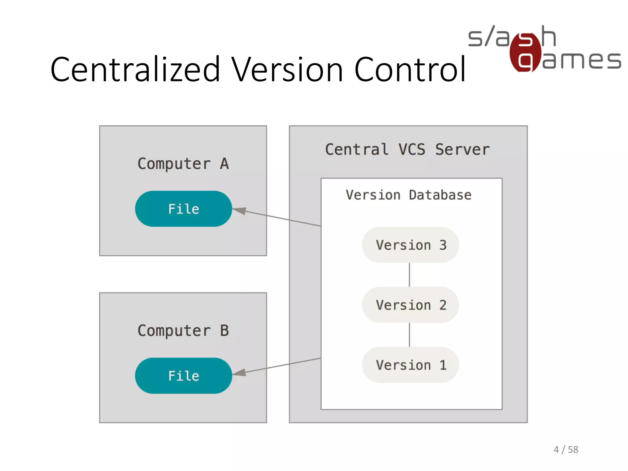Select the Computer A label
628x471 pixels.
click(183, 164)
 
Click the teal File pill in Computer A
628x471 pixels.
click(183, 209)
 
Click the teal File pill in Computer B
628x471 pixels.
click(183, 376)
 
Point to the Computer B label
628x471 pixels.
click(183, 331)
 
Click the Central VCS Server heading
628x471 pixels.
click(407, 150)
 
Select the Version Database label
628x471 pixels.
click(408, 195)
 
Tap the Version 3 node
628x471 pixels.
click(410, 245)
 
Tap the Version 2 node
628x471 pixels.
click(410, 305)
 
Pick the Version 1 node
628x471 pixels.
click(410, 365)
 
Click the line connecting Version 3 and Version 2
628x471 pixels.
click(409, 275)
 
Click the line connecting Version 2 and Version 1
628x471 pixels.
click(409, 335)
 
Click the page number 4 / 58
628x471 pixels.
click(566, 450)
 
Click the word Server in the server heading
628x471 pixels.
click(462, 150)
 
